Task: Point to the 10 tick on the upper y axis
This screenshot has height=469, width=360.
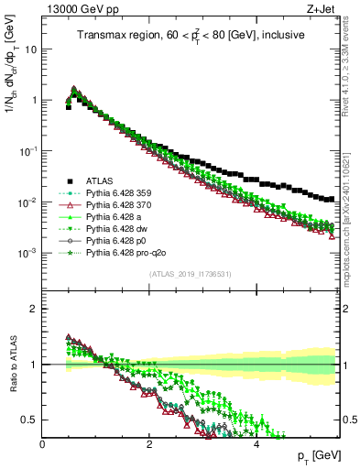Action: click(x=31, y=49)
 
